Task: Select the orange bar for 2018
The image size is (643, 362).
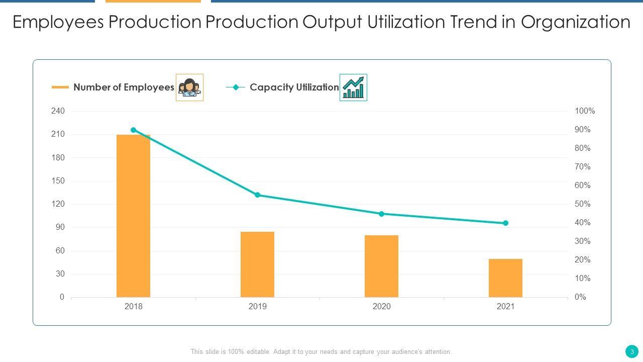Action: (133, 216)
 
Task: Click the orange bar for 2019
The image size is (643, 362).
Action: (257, 264)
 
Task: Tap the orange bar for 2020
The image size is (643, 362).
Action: (381, 266)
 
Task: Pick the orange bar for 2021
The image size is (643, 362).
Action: (505, 278)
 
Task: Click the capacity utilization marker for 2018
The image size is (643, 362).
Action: (133, 130)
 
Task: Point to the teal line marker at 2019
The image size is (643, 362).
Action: (257, 195)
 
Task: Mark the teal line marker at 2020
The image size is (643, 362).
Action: (381, 214)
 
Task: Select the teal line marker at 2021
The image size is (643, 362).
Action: (505, 223)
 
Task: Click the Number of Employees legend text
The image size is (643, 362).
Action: (124, 87)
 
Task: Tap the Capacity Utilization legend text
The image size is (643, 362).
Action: (294, 87)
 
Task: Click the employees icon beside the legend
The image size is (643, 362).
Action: (189, 87)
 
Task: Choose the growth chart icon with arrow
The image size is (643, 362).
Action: (353, 87)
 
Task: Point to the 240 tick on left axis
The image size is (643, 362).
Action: (58, 111)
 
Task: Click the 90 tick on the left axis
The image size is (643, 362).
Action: (60, 227)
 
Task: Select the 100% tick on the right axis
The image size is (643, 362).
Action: (585, 111)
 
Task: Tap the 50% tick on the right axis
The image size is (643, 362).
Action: (583, 204)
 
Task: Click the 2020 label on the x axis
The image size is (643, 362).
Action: (381, 307)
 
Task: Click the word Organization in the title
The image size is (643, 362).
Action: (575, 22)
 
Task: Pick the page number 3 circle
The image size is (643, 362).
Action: (632, 351)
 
